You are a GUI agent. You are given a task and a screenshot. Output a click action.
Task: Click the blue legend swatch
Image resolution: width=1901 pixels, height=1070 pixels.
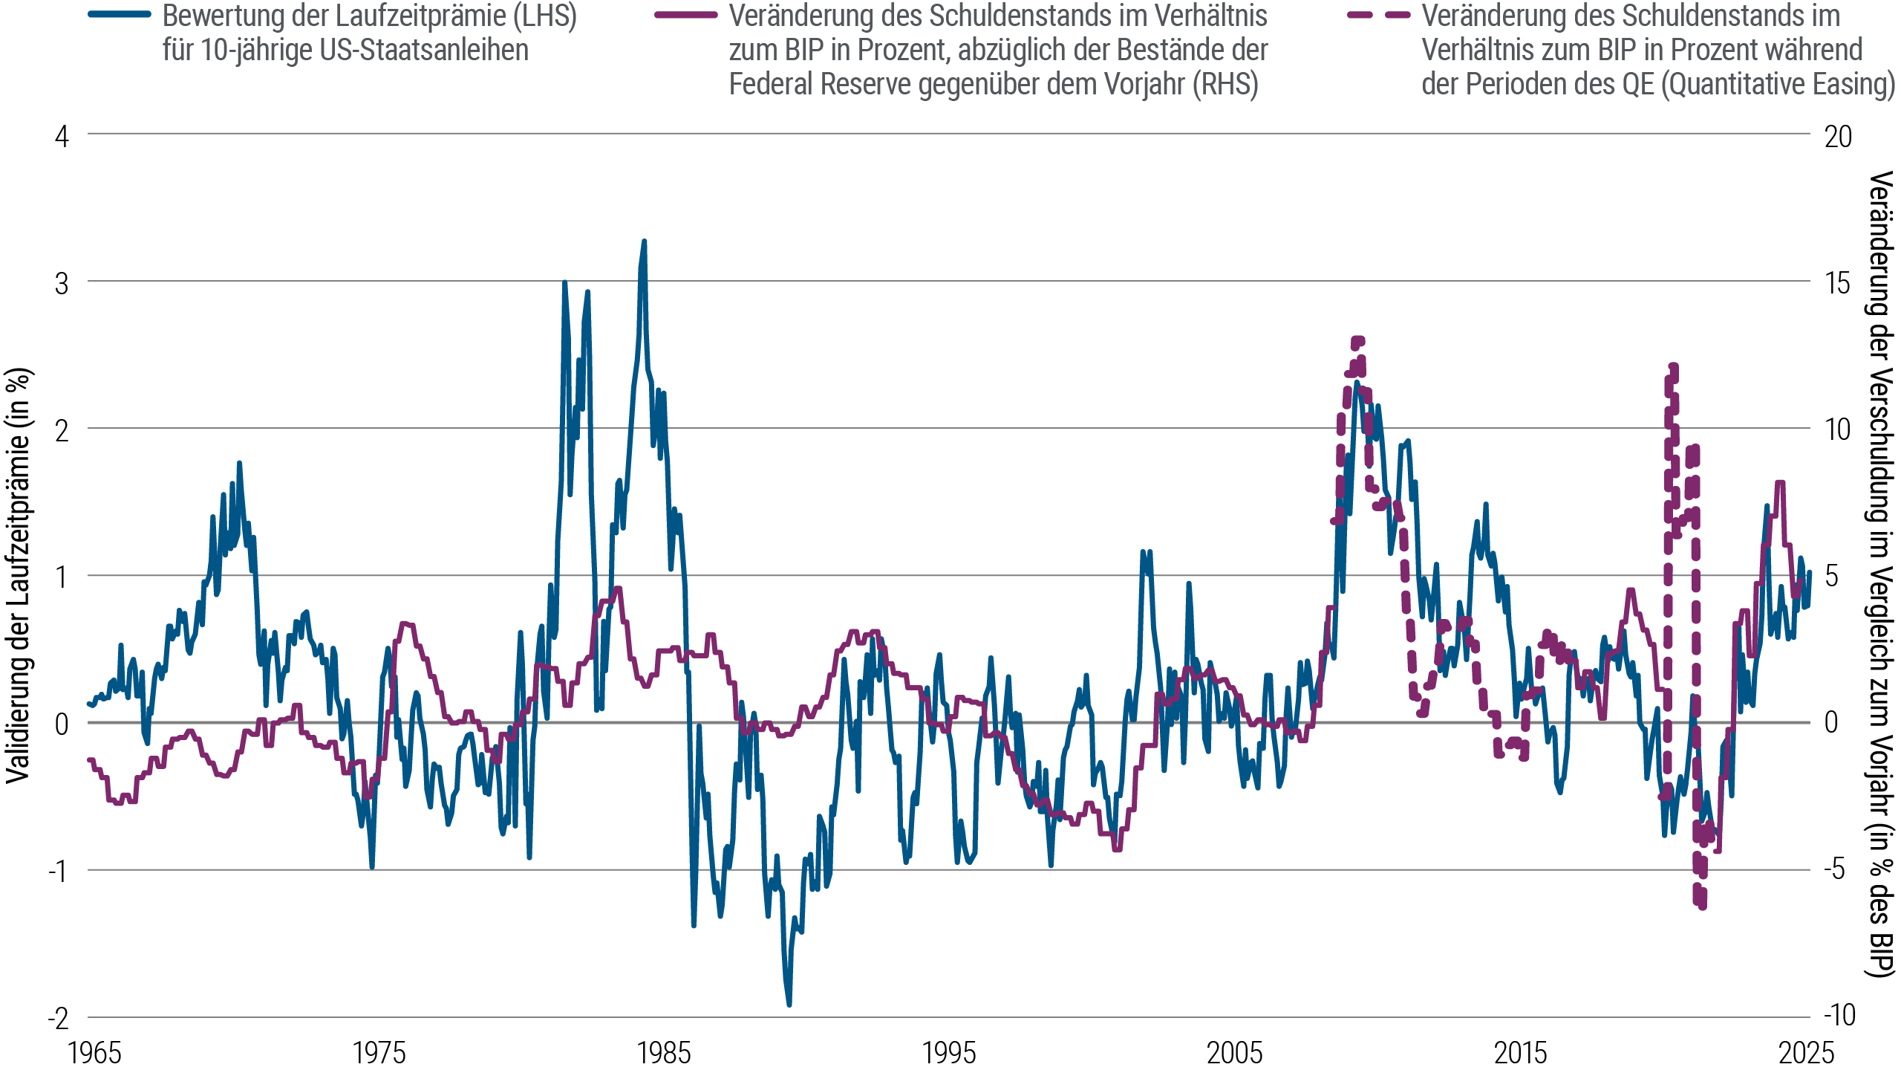(x=125, y=14)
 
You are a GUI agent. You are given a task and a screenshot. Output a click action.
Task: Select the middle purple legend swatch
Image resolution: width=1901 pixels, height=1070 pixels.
(x=693, y=15)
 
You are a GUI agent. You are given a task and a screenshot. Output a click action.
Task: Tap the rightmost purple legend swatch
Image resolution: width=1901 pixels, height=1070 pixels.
(x=1386, y=15)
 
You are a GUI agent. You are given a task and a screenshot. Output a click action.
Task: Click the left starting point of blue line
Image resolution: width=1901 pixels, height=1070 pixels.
(x=89, y=702)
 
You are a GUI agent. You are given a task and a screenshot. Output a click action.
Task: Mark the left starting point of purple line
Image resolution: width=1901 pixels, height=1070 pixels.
(x=89, y=759)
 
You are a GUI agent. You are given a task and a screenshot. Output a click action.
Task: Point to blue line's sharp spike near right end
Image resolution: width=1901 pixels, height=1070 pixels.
(x=1768, y=505)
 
